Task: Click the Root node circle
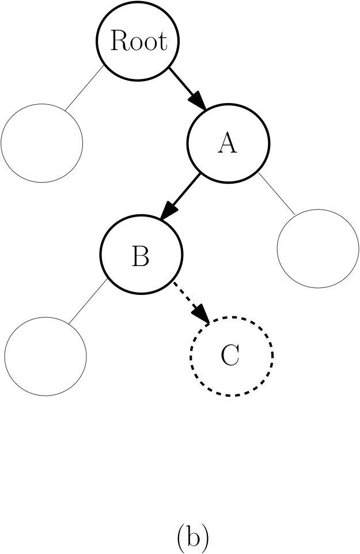point(138,41)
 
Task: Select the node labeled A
point(228,142)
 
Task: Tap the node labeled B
point(141,254)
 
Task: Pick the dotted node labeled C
point(232,355)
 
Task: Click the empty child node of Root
point(41,143)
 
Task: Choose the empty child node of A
point(318,249)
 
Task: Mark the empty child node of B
point(46,355)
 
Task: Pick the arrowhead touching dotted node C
point(202,314)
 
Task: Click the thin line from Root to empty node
point(84,86)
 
